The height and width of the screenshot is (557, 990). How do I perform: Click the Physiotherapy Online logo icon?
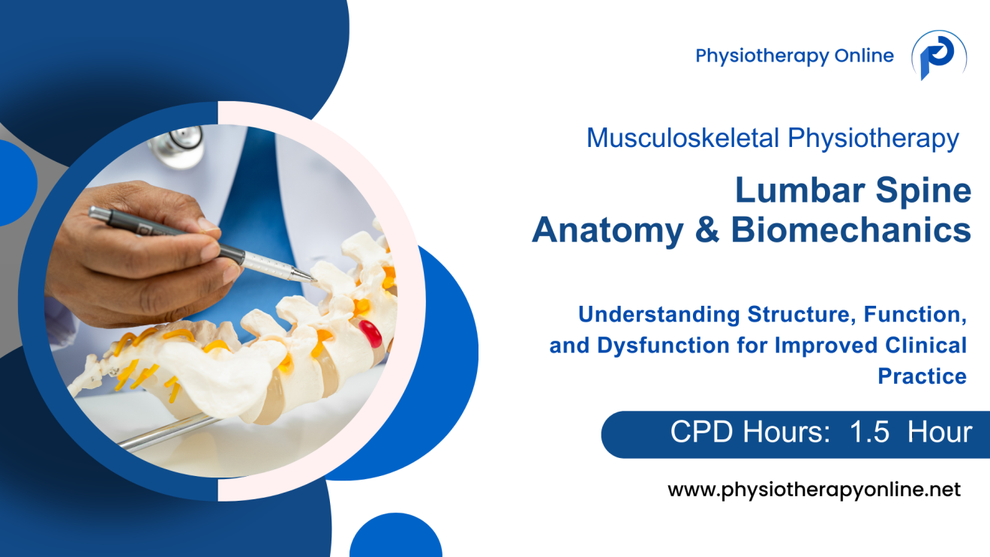coord(938,56)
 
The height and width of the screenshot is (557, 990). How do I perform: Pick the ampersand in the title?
coord(707,230)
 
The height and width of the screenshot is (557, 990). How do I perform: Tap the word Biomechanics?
coord(851,230)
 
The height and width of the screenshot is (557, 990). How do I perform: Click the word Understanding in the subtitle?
coord(656,315)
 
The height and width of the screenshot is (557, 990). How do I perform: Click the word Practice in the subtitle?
coord(922,376)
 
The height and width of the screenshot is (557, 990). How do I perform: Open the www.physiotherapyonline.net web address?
coord(814,490)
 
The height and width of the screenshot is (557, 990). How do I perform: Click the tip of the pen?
coord(313,280)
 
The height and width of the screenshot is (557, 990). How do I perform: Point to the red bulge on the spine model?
coord(370,331)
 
